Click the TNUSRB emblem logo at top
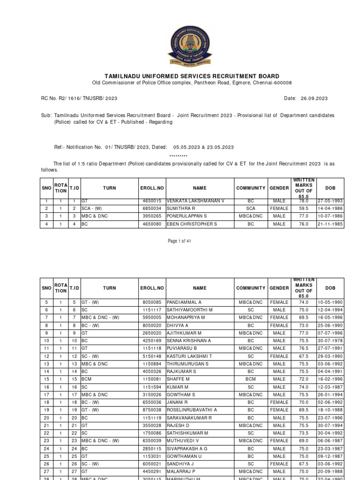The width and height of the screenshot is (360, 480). coord(190,46)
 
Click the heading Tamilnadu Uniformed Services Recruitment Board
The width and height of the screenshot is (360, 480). coord(191,76)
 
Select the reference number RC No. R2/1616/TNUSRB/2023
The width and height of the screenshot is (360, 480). coord(79,98)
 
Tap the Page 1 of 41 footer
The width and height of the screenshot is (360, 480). coord(180,241)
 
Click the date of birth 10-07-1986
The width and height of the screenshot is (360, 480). coord(330,216)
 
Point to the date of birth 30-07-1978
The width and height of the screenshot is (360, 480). coord(330,341)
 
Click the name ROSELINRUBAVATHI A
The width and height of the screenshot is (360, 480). coord(192,410)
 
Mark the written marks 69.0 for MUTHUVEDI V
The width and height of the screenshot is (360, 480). coord(303,441)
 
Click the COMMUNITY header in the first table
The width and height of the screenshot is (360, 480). coord(251,188)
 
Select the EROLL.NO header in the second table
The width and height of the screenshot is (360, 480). coord(151,288)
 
